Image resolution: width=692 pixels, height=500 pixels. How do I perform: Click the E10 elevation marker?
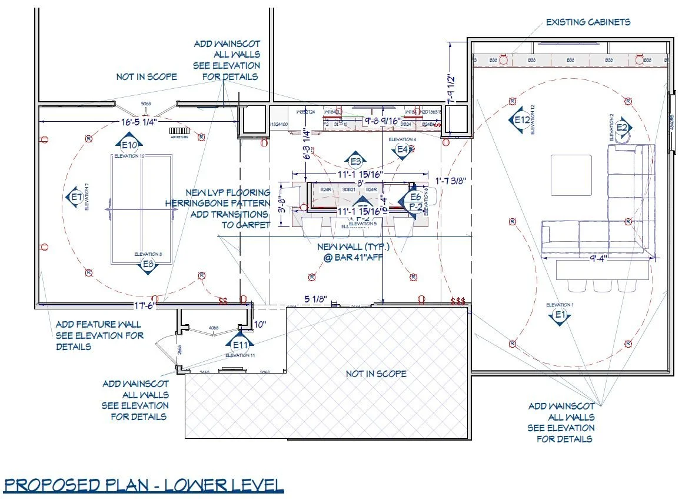click(x=130, y=144)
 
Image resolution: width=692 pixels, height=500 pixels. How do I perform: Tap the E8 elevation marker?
click(x=149, y=265)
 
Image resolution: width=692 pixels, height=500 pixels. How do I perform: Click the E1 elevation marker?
click(x=560, y=316)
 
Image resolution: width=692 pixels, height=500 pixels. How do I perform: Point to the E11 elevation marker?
click(x=242, y=344)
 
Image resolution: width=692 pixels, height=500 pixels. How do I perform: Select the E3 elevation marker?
click(x=355, y=161)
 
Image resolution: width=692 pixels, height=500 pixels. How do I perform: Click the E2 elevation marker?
click(x=623, y=127)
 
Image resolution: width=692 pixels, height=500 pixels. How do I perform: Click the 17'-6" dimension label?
click(x=145, y=306)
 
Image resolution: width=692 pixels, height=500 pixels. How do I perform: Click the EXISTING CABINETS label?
click(x=588, y=22)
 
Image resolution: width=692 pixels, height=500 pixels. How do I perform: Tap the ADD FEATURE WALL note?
click(x=99, y=335)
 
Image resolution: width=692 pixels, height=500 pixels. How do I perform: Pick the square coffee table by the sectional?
click(x=571, y=171)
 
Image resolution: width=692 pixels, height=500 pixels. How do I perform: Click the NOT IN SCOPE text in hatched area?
click(x=375, y=374)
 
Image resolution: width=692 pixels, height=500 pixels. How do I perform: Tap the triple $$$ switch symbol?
click(x=457, y=301)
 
